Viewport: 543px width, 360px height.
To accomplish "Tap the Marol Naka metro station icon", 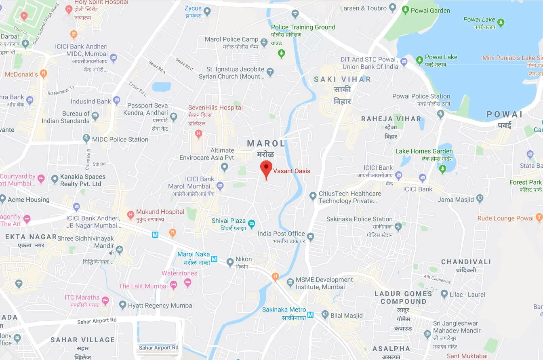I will pyautogui.click(x=214, y=259).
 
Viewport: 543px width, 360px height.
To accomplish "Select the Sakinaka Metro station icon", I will pyautogui.click(x=310, y=315).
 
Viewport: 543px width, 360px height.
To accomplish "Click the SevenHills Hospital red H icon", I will pyautogui.click(x=198, y=133).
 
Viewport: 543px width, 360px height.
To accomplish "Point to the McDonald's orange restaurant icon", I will pyautogui.click(x=44, y=74).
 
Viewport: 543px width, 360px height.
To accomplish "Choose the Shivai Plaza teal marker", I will pyautogui.click(x=251, y=223).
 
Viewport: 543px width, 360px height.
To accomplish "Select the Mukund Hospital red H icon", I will pyautogui.click(x=130, y=215).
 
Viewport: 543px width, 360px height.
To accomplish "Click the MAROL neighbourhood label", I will pyautogui.click(x=266, y=144).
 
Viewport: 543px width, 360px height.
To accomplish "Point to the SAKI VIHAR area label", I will pyautogui.click(x=342, y=79).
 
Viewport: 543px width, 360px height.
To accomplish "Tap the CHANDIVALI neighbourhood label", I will pyautogui.click(x=466, y=262).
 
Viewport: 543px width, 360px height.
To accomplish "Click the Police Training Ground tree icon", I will pyautogui.click(x=282, y=53).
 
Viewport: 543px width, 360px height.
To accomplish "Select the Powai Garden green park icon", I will pyautogui.click(x=405, y=11).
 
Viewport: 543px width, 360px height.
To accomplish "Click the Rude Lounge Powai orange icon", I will pyautogui.click(x=539, y=218).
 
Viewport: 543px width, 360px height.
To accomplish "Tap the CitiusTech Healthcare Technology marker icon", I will pyautogui.click(x=312, y=196).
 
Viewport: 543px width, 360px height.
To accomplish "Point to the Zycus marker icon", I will pyautogui.click(x=207, y=12).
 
